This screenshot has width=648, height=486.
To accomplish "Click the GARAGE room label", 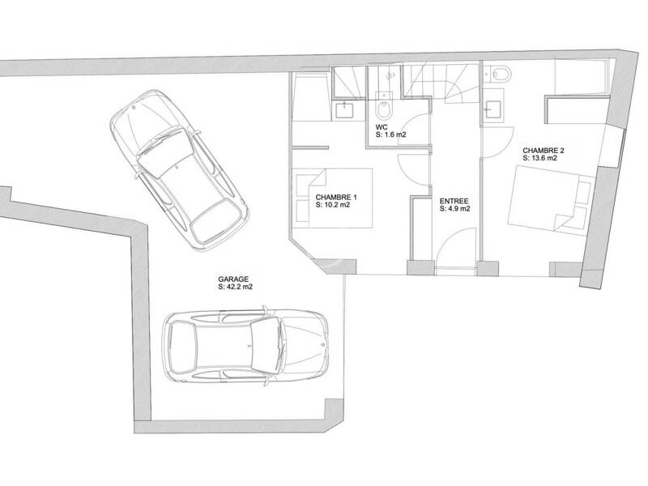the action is pos(233,279).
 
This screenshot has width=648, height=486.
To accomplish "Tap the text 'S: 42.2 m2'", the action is pos(235,287).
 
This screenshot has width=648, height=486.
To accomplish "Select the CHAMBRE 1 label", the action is pos(336,197).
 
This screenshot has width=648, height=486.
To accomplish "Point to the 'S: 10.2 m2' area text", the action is pos(333,205).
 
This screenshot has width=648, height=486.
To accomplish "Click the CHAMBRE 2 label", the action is pos(544,151).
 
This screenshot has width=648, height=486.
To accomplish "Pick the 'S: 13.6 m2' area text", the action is pos(539,158).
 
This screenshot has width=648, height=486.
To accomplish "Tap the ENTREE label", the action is pos(454,201).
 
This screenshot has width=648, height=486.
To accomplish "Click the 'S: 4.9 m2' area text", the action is pos(454,209).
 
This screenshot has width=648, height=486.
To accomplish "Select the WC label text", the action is pos(382,127).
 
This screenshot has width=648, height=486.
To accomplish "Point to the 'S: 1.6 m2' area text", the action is pos(390,134).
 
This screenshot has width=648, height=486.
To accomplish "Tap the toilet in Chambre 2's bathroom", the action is pos(500,74).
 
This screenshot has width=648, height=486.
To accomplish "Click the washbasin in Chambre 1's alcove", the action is pos(344,110).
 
